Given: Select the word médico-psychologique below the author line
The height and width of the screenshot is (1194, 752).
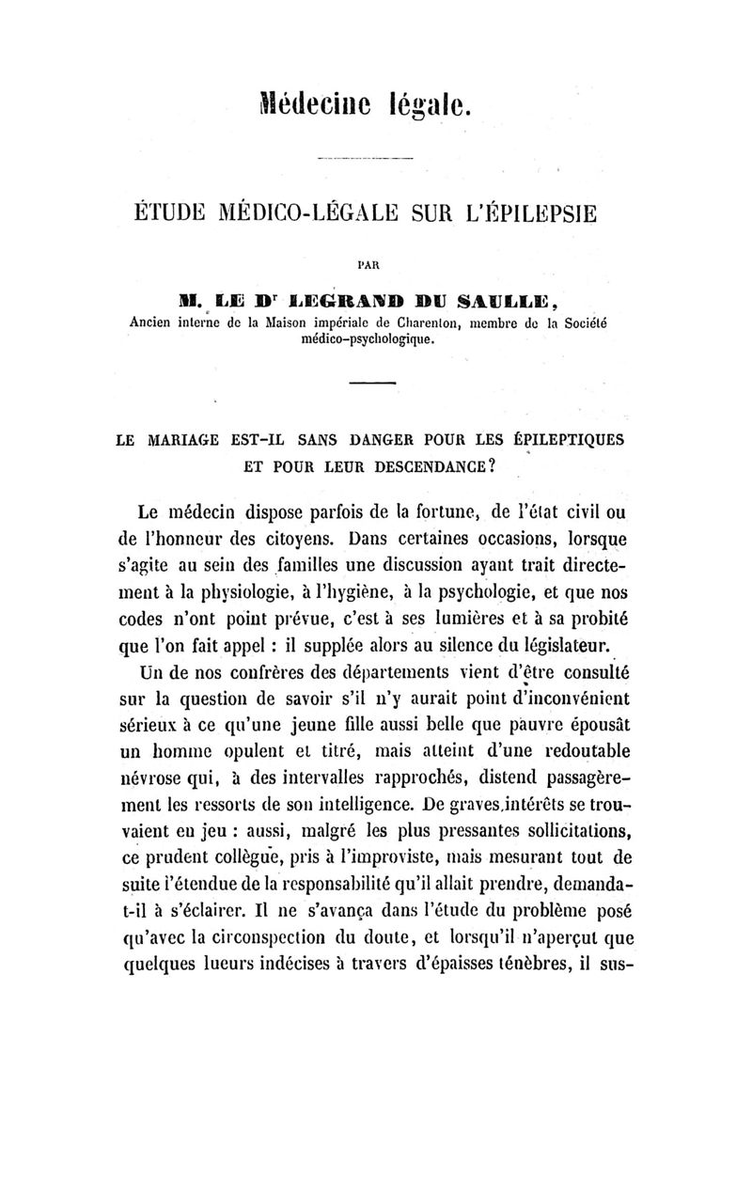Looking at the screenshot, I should coord(377,339).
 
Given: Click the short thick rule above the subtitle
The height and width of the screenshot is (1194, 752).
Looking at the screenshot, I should coord(376,385).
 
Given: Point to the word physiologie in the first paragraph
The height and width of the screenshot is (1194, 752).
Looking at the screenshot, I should coord(236,594).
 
